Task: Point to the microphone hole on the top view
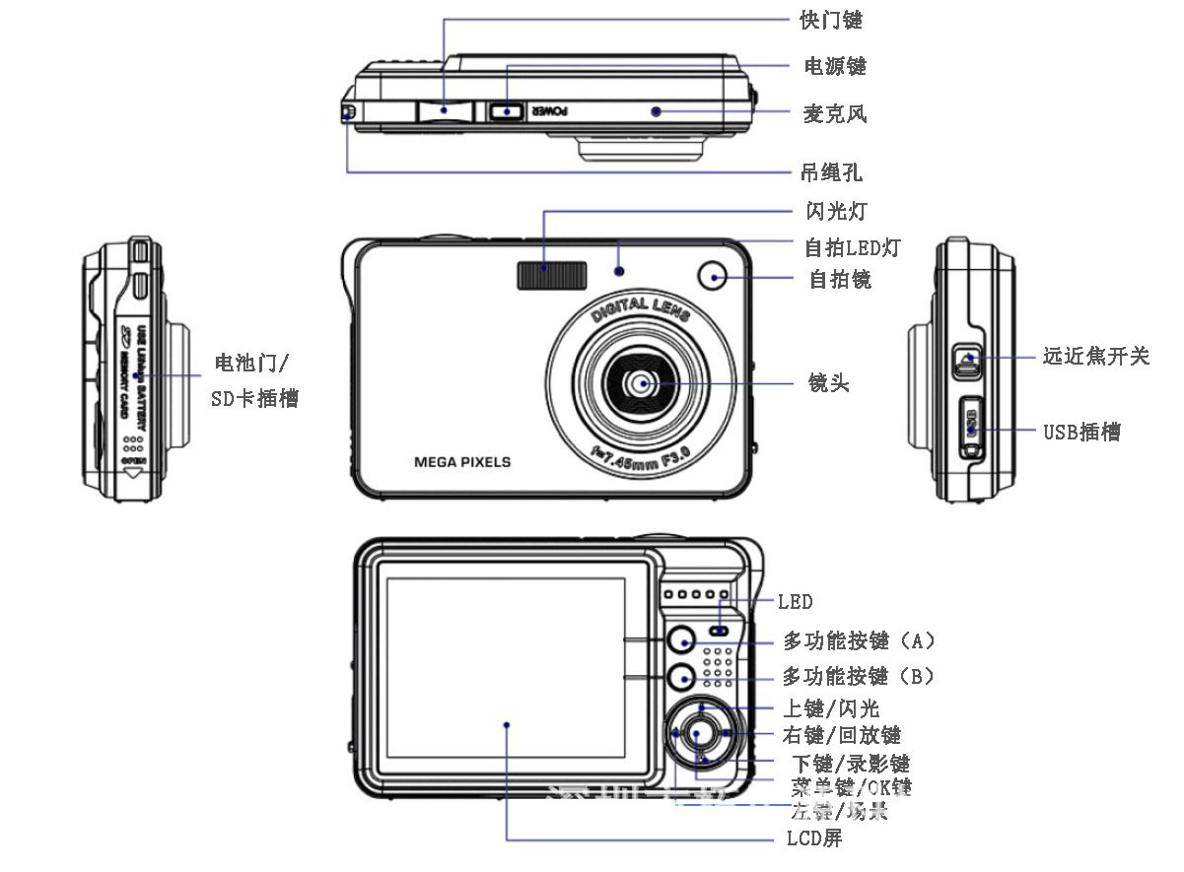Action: tap(655, 111)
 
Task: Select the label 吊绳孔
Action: tap(830, 172)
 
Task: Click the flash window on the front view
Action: tap(550, 275)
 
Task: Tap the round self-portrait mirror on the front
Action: tap(712, 277)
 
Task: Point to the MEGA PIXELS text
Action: tap(462, 461)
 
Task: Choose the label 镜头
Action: tap(827, 383)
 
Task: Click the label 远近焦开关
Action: tap(1095, 356)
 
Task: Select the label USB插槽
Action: tap(1081, 432)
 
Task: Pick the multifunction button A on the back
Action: tap(680, 641)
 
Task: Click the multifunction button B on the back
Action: tap(680, 677)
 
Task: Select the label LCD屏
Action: tap(813, 839)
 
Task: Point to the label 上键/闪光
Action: tap(830, 708)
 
